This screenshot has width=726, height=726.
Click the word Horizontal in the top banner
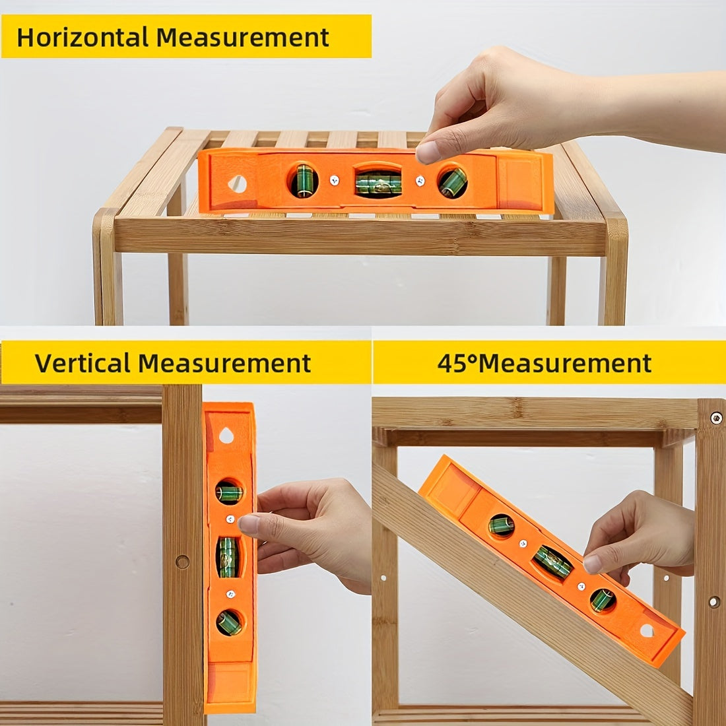82,37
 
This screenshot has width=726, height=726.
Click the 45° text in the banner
457,363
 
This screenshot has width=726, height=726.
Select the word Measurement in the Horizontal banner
243,37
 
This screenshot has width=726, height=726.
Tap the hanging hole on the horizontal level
238,184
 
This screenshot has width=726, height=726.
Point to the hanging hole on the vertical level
226,435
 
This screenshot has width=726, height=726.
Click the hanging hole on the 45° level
647,630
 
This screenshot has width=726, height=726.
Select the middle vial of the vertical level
228,557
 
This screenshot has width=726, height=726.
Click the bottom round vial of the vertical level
229,623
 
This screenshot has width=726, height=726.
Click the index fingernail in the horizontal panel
428,152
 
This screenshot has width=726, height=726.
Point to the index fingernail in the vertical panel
249,524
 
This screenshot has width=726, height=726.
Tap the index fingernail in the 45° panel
593,564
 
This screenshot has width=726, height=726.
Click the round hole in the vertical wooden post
182,562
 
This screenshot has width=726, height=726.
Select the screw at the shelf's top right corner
716,418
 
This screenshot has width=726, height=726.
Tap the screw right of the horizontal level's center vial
420,181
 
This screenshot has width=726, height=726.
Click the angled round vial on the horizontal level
452,182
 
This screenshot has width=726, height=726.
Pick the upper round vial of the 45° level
502,525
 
